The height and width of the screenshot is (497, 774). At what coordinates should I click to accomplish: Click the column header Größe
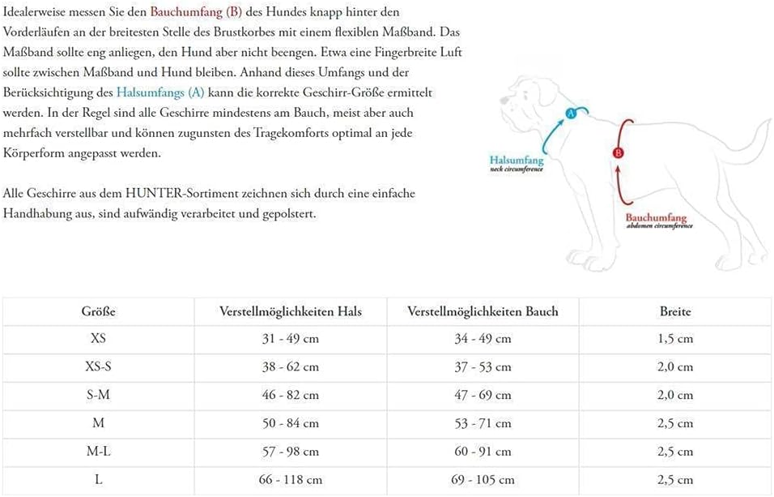tap(98, 311)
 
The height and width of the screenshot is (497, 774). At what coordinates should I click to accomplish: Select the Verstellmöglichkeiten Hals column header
tap(291, 311)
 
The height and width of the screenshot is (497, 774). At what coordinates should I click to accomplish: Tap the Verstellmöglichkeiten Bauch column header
tap(483, 311)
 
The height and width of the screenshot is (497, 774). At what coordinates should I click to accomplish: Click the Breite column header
tap(675, 311)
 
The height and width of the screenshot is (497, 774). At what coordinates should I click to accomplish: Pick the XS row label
tap(98, 339)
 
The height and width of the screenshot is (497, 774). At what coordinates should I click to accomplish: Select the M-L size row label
tap(98, 452)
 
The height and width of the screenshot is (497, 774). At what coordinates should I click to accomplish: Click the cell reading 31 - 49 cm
tap(291, 339)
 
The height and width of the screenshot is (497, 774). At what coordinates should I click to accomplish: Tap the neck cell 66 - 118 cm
tap(291, 480)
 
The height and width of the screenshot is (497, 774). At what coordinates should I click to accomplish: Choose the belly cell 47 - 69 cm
tap(483, 396)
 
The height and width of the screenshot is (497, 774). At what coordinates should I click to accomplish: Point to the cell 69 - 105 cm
tap(483, 480)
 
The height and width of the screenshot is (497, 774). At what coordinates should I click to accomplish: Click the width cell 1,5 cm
tap(675, 339)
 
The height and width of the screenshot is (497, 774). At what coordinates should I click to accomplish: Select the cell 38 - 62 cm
tap(291, 367)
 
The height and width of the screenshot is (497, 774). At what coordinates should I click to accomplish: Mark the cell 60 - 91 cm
tap(483, 452)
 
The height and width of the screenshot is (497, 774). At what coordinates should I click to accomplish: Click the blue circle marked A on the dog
tap(570, 114)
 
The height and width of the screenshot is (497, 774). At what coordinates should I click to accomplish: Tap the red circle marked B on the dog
tap(618, 152)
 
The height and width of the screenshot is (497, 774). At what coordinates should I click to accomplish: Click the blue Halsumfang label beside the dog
tap(516, 161)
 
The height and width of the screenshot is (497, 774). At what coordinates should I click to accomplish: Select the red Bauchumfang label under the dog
tap(656, 218)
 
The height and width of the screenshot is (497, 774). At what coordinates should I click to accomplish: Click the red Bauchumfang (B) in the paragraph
tap(196, 13)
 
